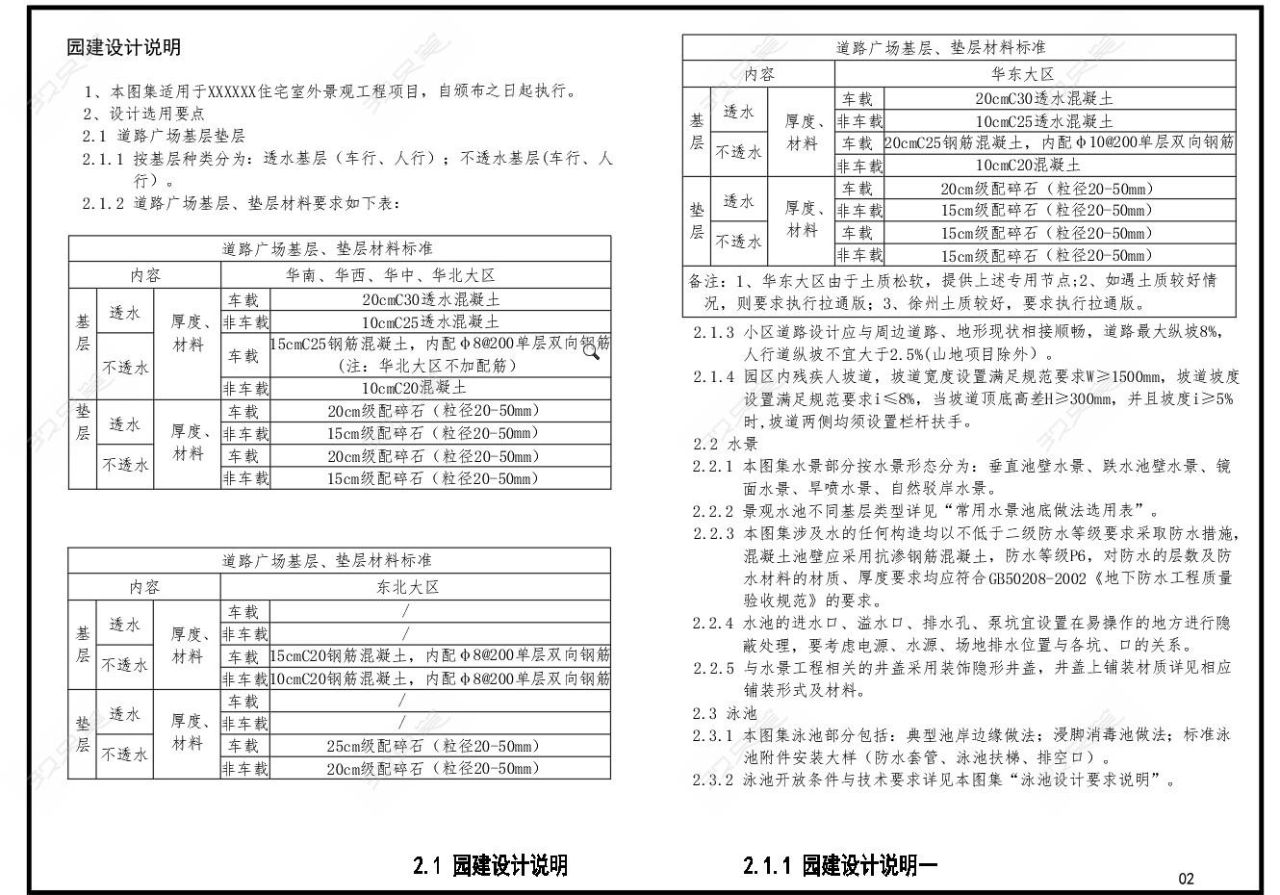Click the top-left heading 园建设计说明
pyautogui.click(x=123, y=47)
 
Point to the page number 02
pyautogui.click(x=1186, y=878)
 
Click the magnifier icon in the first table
pyautogui.click(x=591, y=351)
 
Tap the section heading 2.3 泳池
pyautogui.click(x=725, y=713)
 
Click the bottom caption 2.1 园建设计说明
pyautogui.click(x=490, y=865)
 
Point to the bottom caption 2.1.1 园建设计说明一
pyautogui.click(x=840, y=865)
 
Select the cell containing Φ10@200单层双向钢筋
pyautogui.click(x=1059, y=143)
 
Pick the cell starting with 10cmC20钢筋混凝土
pyautogui.click(x=440, y=679)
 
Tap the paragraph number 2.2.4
pyautogui.click(x=712, y=623)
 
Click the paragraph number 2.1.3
pyautogui.click(x=713, y=332)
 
